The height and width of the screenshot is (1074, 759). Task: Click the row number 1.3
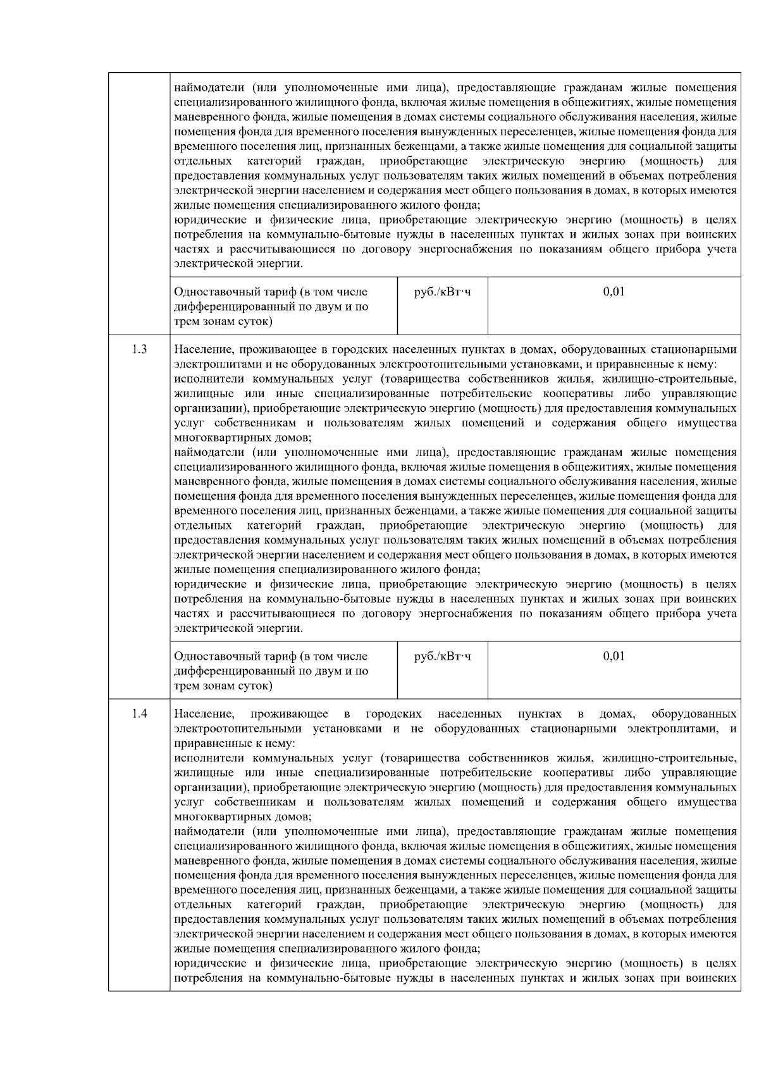tap(139, 349)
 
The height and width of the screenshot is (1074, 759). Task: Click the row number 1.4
tap(139, 713)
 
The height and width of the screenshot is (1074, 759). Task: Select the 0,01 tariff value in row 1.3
tap(614, 656)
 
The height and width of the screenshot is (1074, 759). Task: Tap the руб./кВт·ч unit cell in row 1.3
tap(442, 656)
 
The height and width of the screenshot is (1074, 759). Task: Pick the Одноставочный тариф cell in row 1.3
tap(271, 670)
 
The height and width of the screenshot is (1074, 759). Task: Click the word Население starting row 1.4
tap(204, 713)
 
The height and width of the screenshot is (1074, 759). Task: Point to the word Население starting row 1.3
tap(203, 349)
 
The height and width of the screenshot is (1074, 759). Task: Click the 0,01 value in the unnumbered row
tap(614, 292)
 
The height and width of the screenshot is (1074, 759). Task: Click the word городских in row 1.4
tap(393, 713)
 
